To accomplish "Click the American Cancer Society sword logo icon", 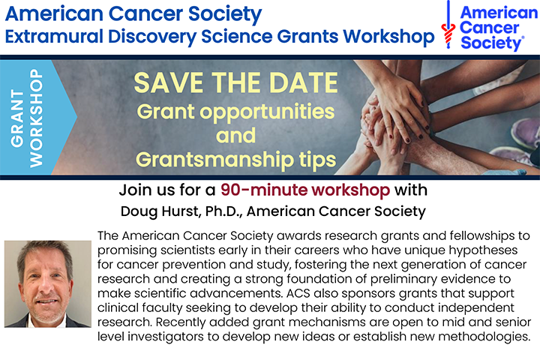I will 448,27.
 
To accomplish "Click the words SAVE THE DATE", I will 235,82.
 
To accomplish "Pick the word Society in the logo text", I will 491,43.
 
